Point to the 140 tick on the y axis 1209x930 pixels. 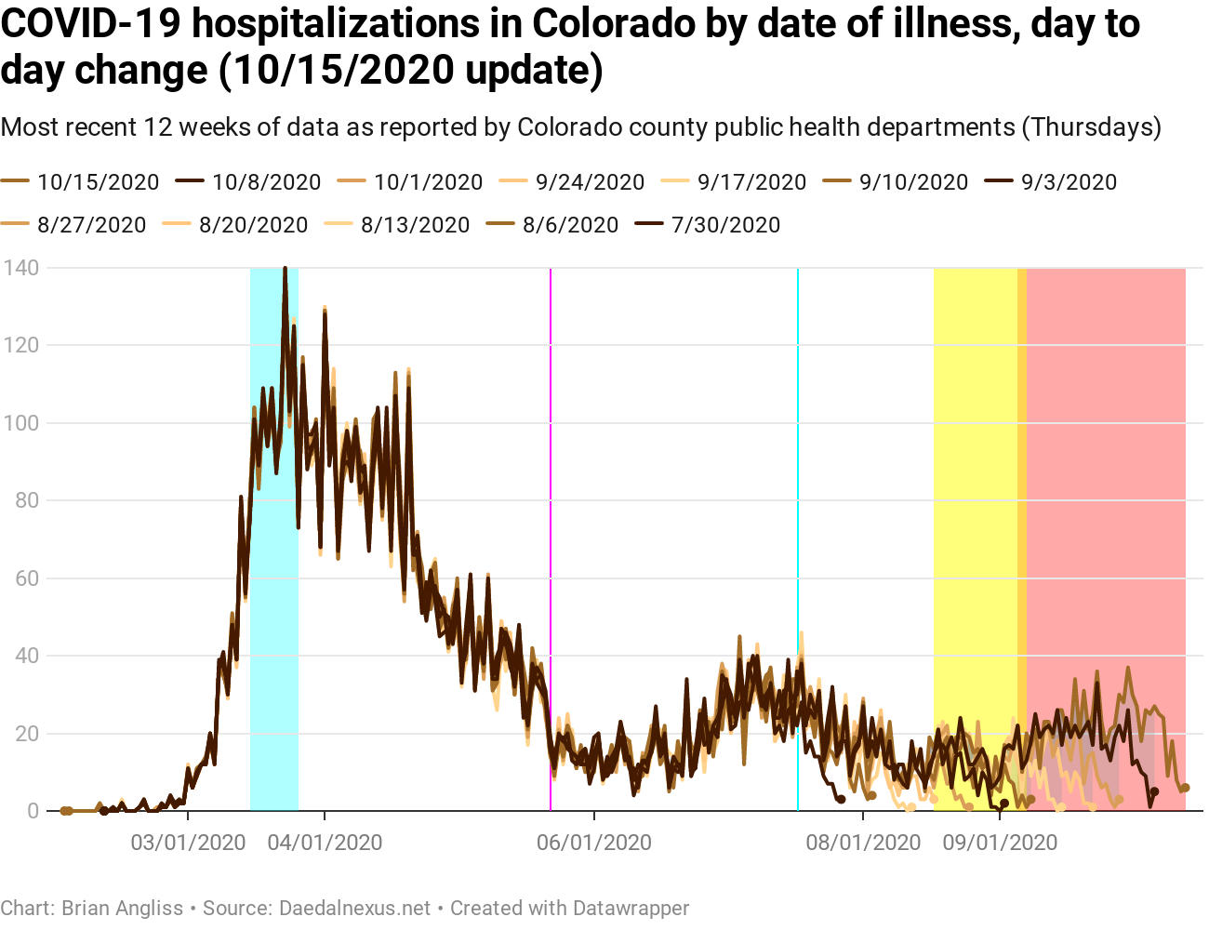[x=20, y=268]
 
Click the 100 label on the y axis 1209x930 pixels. [x=20, y=423]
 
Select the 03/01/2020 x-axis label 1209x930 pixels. [x=188, y=843]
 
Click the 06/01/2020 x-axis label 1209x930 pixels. [x=594, y=843]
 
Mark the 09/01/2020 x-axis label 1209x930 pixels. [x=1000, y=843]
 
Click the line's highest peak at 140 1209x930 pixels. [x=285, y=269]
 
